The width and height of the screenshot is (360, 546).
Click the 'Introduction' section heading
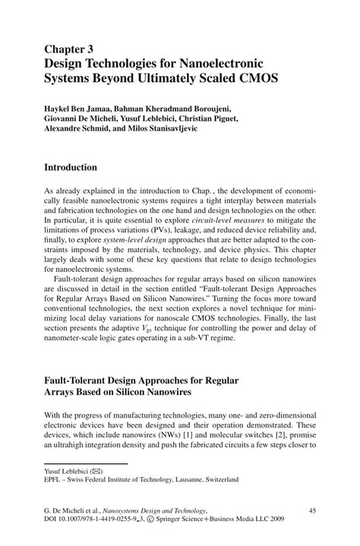[x=70, y=166]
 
